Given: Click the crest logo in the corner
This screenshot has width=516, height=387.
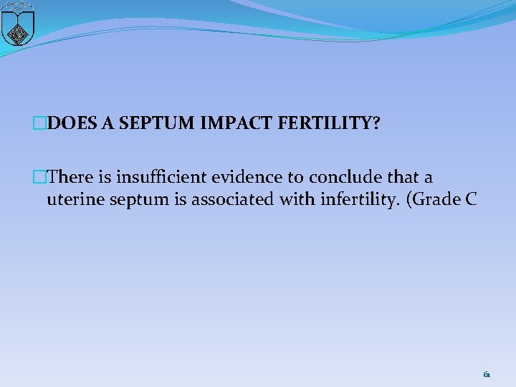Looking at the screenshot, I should (x=18, y=23).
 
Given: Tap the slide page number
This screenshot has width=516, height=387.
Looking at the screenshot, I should (x=487, y=374).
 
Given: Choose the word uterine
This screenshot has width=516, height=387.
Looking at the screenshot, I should (x=72, y=199).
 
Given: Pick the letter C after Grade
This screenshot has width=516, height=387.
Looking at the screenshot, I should (x=470, y=199).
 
